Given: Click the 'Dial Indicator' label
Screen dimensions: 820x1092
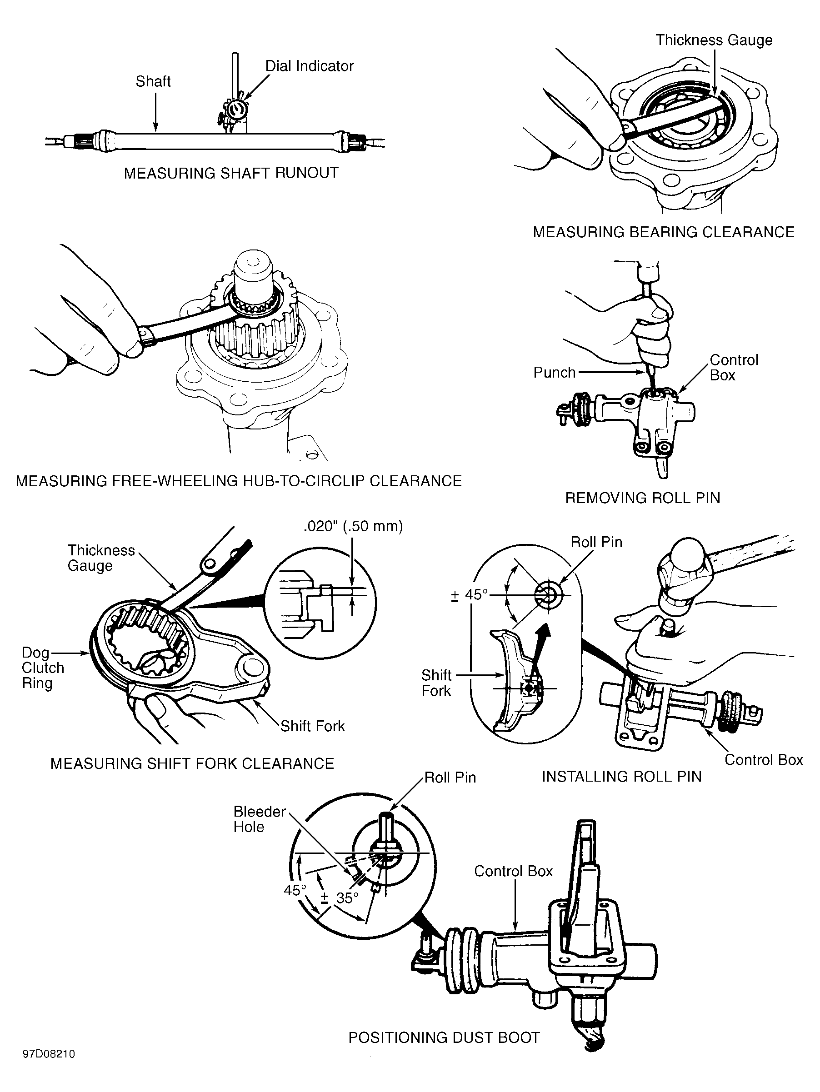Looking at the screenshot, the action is (310, 66).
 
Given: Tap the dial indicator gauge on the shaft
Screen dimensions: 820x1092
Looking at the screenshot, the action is (234, 110).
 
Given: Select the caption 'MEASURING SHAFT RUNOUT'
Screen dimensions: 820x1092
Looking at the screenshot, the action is (231, 173).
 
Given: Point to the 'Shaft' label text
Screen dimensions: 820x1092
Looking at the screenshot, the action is (153, 81).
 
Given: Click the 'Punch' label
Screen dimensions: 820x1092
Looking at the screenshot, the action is (555, 372).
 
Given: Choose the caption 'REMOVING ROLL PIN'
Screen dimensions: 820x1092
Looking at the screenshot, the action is (642, 498).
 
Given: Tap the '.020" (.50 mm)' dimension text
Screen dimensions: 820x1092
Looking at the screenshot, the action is (354, 526).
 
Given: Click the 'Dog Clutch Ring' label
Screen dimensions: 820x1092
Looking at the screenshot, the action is (43, 668).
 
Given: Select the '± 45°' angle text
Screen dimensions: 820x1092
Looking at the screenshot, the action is (469, 594).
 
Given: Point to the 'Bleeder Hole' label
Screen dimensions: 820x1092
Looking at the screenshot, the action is (260, 819).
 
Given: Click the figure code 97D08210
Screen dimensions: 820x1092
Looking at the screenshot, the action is (48, 1054).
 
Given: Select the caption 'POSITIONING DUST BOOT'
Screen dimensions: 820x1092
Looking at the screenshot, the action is (444, 1038).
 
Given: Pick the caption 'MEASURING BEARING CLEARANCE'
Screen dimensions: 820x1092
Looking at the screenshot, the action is (664, 232).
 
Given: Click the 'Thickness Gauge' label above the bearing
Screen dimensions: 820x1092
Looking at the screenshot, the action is (714, 40).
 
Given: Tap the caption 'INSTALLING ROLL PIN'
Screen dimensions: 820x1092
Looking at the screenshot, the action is (621, 777).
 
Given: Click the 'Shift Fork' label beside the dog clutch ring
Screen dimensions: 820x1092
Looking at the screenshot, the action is (312, 726).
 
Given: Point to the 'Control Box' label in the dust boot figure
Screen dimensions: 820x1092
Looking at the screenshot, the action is (514, 871).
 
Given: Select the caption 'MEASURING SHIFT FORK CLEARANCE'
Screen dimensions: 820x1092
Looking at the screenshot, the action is (192, 764).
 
